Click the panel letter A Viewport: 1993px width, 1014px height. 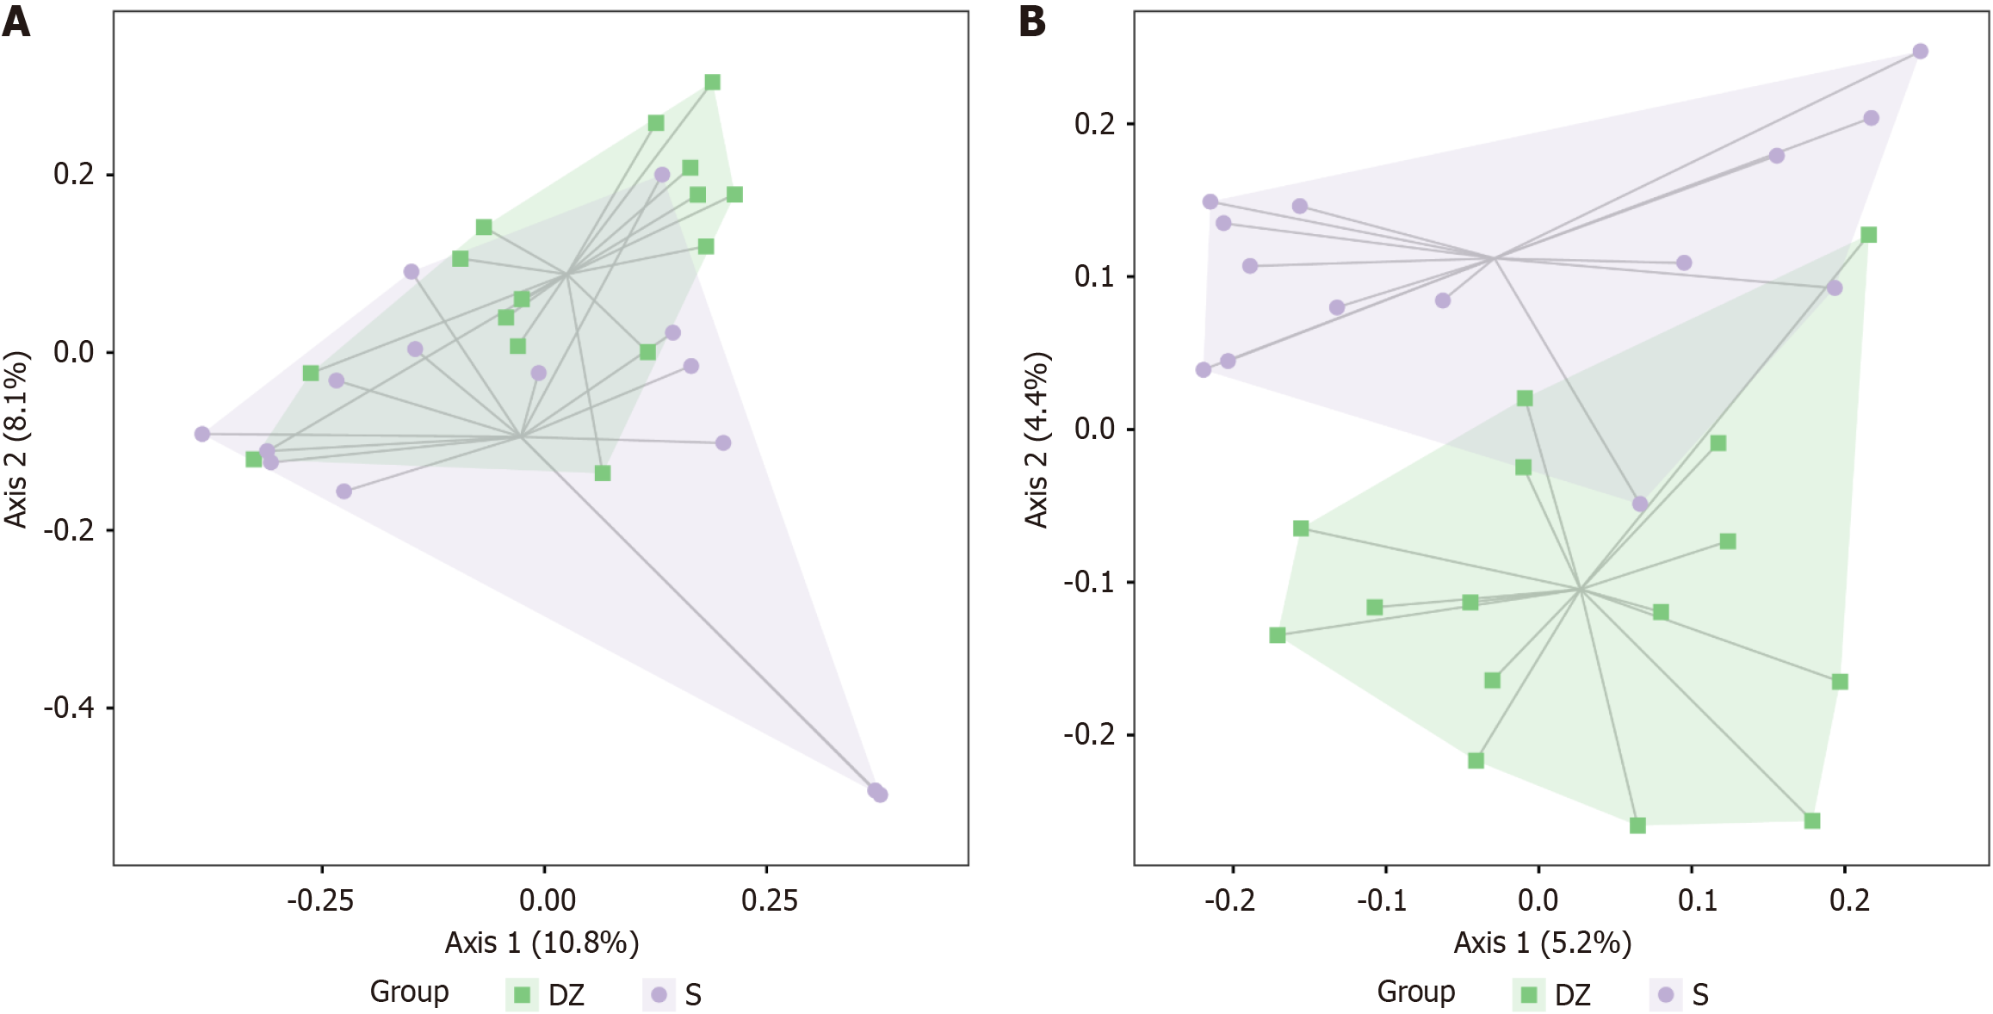point(16,22)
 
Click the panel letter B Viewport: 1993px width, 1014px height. point(1032,22)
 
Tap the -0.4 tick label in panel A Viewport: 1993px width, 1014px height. point(68,708)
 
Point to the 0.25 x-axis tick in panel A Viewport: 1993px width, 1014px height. point(769,900)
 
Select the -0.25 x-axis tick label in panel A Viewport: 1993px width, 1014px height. point(320,900)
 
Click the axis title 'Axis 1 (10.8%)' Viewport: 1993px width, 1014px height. point(542,943)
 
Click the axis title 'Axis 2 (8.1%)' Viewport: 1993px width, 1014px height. point(16,439)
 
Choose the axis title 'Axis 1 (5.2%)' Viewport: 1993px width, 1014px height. point(1542,943)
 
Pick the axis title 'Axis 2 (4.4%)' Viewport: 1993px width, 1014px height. point(1037,439)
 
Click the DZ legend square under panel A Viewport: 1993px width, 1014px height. point(522,995)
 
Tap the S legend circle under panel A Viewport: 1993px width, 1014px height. point(659,995)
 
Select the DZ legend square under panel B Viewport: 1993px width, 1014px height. point(1529,995)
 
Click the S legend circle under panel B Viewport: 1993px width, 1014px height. point(1666,995)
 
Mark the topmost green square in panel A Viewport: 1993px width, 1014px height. point(712,83)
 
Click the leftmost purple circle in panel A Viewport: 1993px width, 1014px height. point(202,434)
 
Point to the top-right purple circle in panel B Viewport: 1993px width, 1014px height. point(1920,52)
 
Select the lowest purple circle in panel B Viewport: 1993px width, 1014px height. point(1640,504)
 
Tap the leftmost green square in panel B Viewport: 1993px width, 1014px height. point(1278,635)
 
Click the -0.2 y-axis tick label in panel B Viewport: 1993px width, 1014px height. point(1088,734)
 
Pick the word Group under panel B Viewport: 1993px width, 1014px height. point(1415,992)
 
